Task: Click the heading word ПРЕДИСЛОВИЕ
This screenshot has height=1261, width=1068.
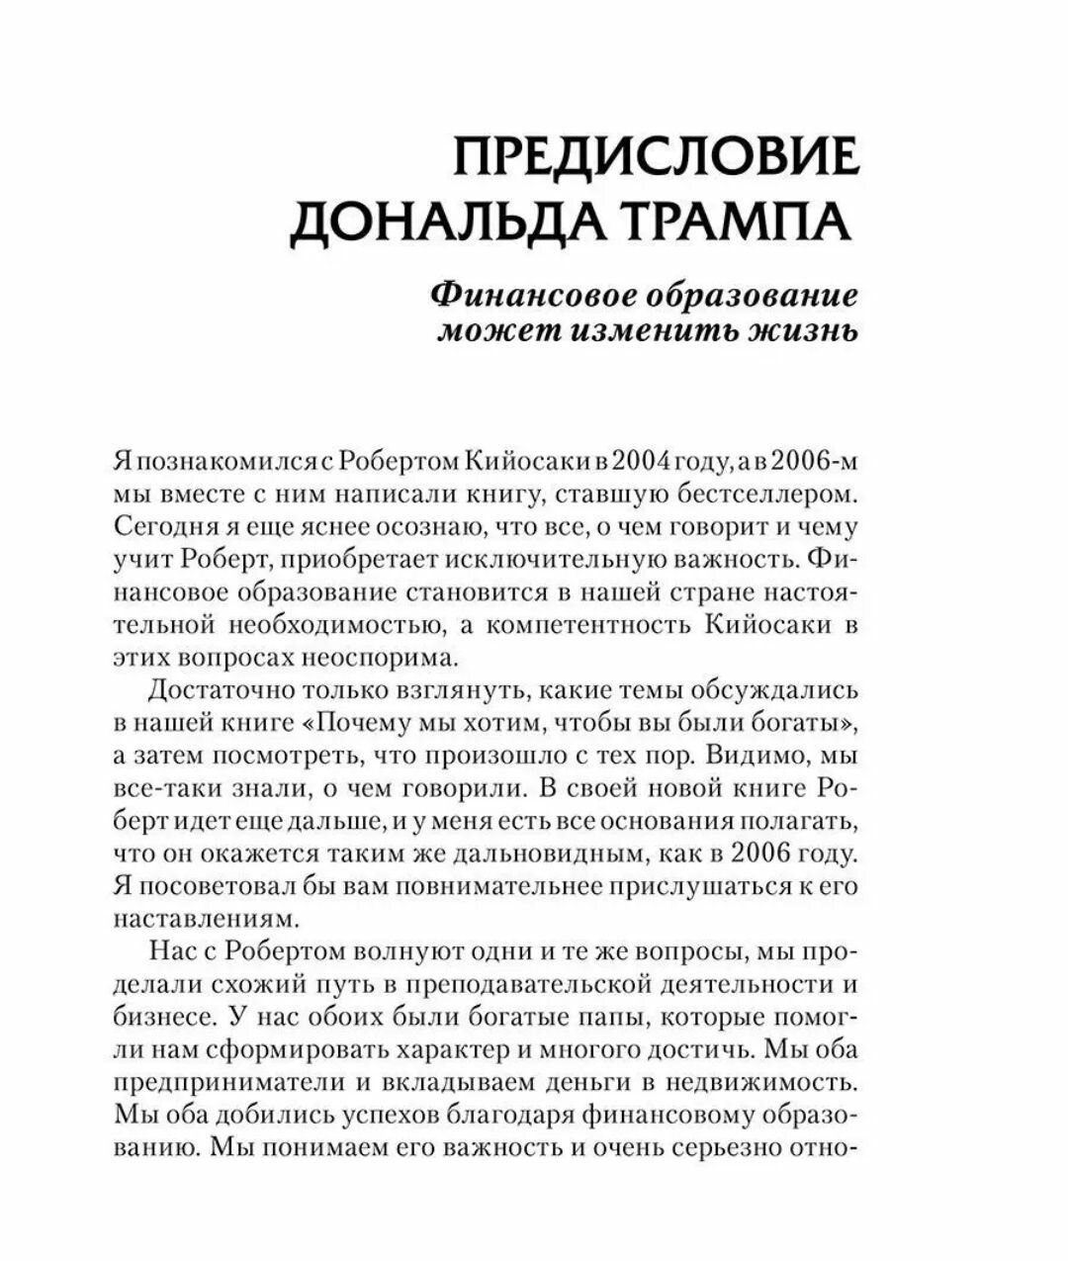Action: click(656, 157)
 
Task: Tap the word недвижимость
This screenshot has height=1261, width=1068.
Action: click(755, 1081)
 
